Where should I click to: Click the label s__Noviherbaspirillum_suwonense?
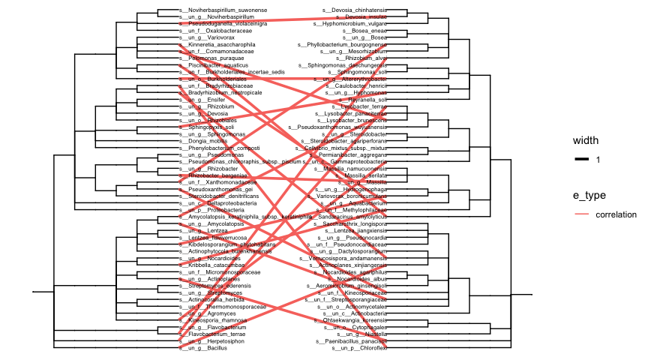click(x=213, y=10)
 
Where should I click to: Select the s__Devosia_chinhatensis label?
click(x=354, y=10)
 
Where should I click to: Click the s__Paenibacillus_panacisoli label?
click(x=352, y=342)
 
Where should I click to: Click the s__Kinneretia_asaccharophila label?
click(x=212, y=44)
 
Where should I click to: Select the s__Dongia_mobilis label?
click(x=202, y=141)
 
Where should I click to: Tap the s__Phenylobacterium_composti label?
click(x=214, y=148)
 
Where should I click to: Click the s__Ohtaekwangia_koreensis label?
click(x=354, y=321)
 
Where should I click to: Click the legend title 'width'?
click(x=586, y=141)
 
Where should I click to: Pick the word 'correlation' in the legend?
click(x=616, y=214)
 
